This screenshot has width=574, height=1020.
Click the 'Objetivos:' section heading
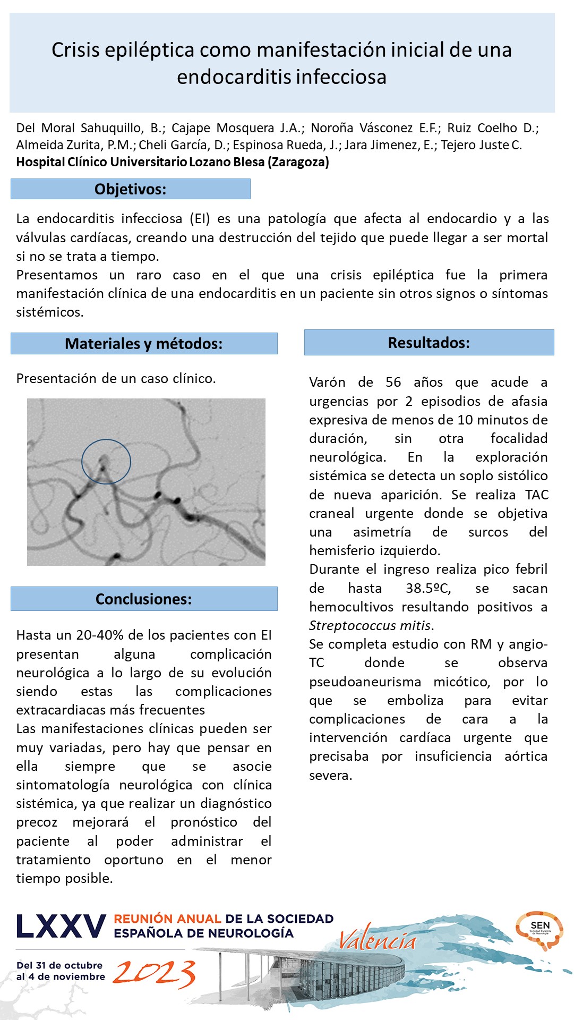click(x=130, y=189)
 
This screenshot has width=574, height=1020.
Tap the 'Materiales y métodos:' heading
click(x=143, y=344)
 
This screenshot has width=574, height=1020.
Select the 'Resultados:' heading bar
click(x=429, y=343)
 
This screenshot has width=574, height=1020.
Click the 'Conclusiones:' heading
click(x=143, y=599)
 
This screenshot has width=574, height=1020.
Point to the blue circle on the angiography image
click(x=106, y=461)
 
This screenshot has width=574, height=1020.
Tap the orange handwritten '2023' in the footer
click(x=154, y=974)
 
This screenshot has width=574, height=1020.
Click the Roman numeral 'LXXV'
click(x=61, y=926)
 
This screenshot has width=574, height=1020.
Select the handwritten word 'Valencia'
click(x=378, y=941)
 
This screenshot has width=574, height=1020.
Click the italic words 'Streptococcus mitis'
click(x=371, y=626)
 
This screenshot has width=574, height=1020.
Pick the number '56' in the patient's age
click(x=393, y=382)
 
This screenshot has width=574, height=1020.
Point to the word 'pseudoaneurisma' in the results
click(x=365, y=682)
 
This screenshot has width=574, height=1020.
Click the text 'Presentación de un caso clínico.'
click(x=116, y=379)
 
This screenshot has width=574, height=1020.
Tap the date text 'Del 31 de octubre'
click(x=59, y=965)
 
